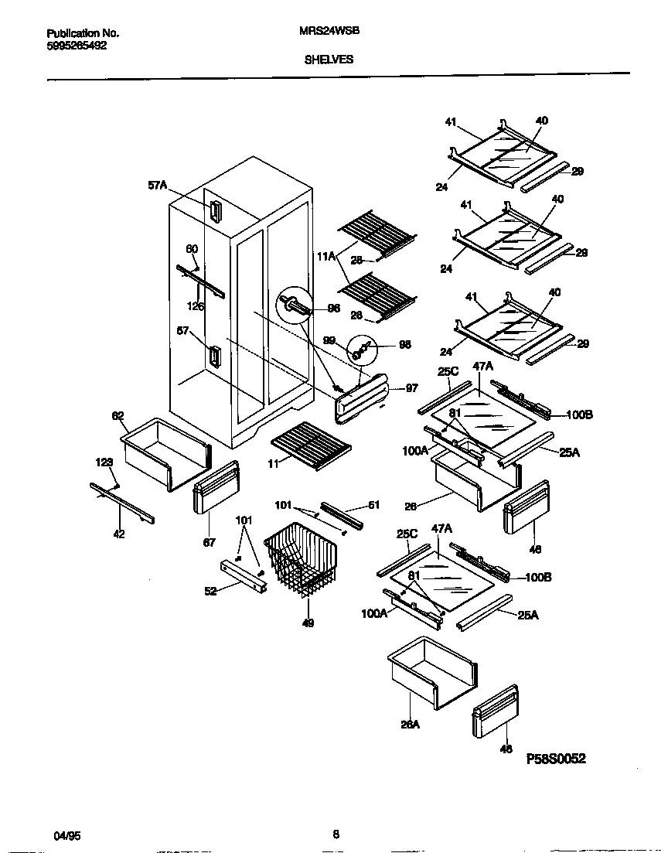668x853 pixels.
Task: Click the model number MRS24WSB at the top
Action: [x=329, y=33]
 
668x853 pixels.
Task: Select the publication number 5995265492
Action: [x=77, y=46]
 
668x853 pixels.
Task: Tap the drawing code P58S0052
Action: [x=556, y=759]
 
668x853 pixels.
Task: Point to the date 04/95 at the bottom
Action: [x=66, y=834]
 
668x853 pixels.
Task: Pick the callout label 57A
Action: [x=157, y=186]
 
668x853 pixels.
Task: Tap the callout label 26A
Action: [x=409, y=725]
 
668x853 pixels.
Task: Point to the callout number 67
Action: [x=209, y=542]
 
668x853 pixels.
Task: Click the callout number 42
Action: [x=118, y=533]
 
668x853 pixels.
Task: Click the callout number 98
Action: [x=404, y=345]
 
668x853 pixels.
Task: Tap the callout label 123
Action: [x=104, y=462]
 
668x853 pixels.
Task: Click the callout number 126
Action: [x=196, y=306]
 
